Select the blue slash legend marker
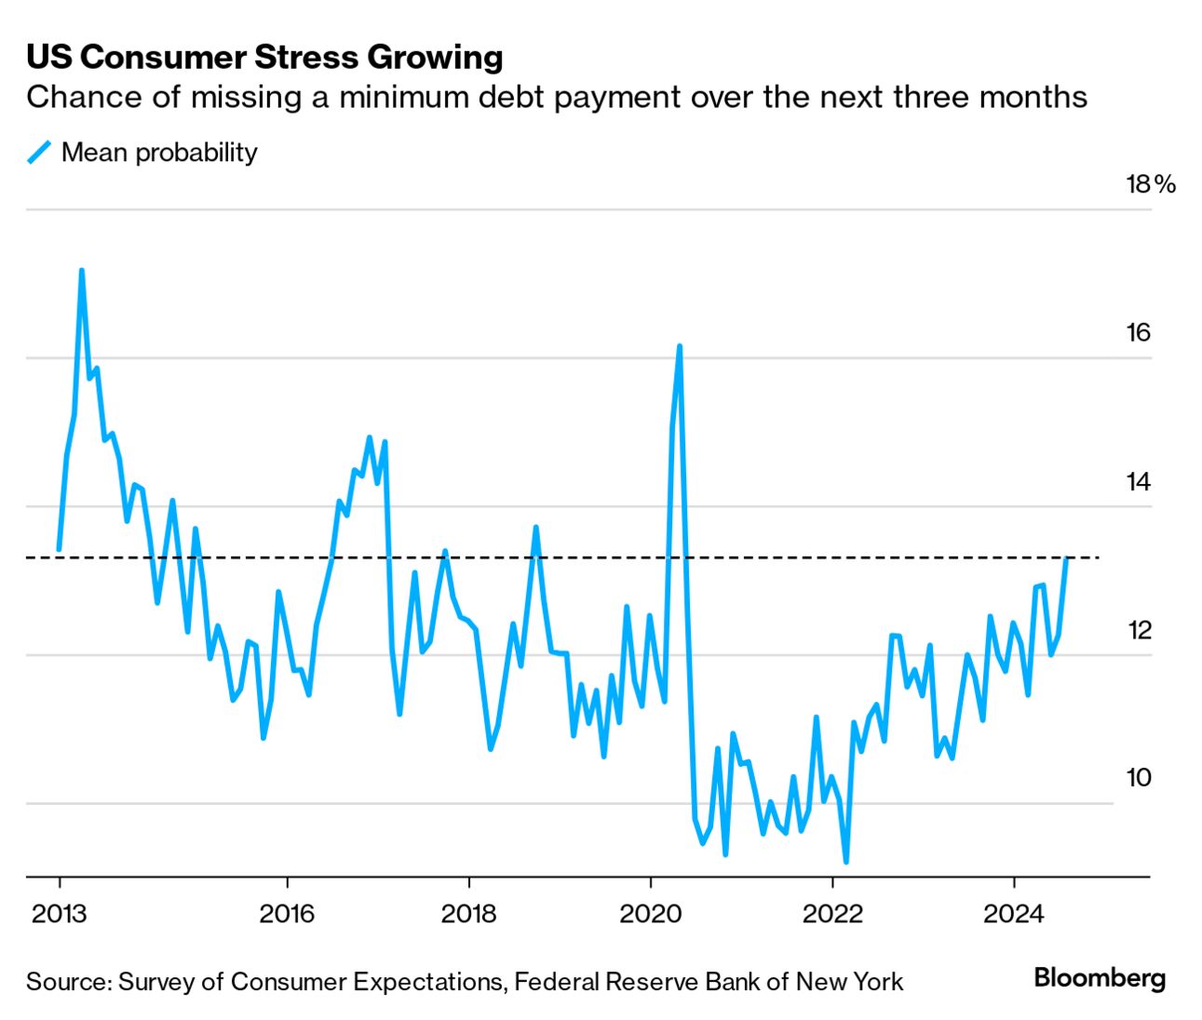pos(38,152)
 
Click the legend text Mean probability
pos(159,152)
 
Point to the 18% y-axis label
pos(1151,183)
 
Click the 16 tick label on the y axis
pos(1139,332)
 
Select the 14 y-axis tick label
pos(1139,481)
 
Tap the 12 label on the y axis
pos(1139,630)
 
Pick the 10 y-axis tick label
pos(1139,777)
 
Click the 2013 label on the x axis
pos(59,913)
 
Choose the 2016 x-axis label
pos(287,913)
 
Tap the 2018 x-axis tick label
pos(468,913)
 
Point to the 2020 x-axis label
pos(651,913)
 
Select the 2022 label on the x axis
pos(833,913)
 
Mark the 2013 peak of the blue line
pos(82,271)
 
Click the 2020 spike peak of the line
pos(680,346)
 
